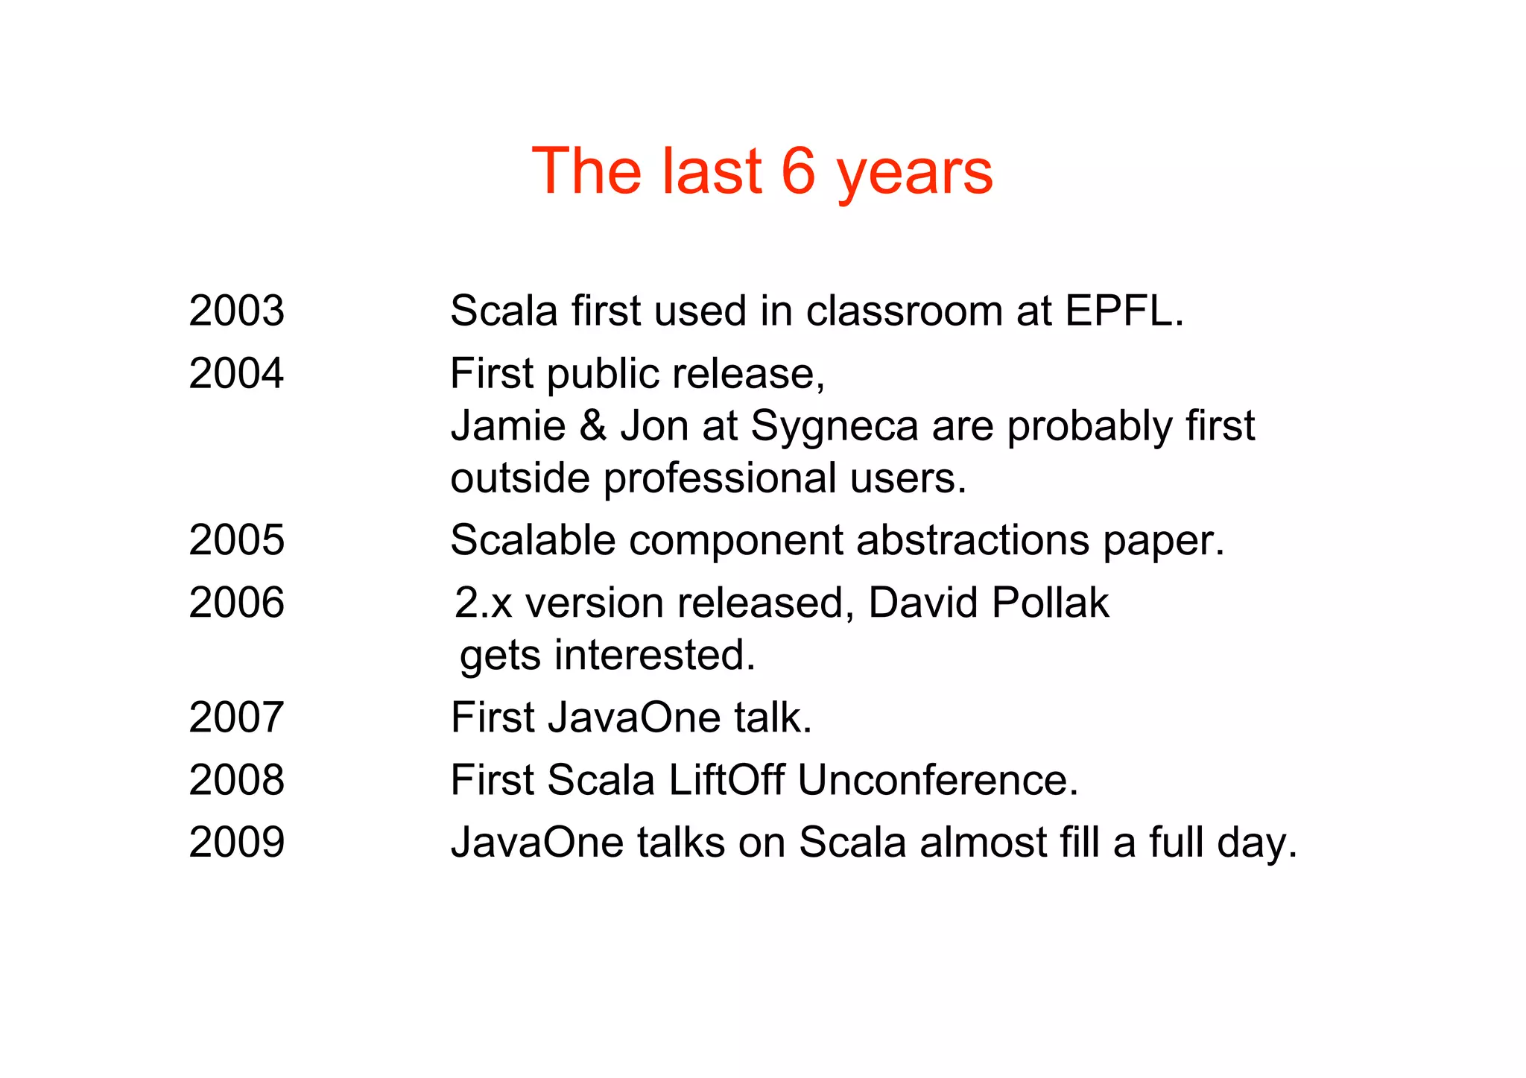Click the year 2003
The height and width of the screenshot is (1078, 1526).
[x=236, y=311]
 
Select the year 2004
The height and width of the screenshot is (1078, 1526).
[x=236, y=373]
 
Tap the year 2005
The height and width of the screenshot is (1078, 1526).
[x=236, y=540]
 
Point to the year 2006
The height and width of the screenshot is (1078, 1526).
[x=236, y=603]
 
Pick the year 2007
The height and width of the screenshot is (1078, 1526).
[x=236, y=717]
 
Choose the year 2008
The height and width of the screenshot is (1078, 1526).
[x=236, y=780]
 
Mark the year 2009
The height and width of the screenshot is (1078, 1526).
[x=236, y=843]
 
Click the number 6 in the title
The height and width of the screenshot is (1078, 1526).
[x=799, y=171]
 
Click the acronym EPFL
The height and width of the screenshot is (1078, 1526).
[x=1123, y=311]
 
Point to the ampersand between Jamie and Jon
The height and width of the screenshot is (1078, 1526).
[x=592, y=426]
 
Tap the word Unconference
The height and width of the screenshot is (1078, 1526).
[x=937, y=780]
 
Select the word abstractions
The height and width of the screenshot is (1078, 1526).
[x=972, y=540]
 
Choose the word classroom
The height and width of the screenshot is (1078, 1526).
[x=904, y=311]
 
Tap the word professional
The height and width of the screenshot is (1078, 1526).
[x=720, y=479]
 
